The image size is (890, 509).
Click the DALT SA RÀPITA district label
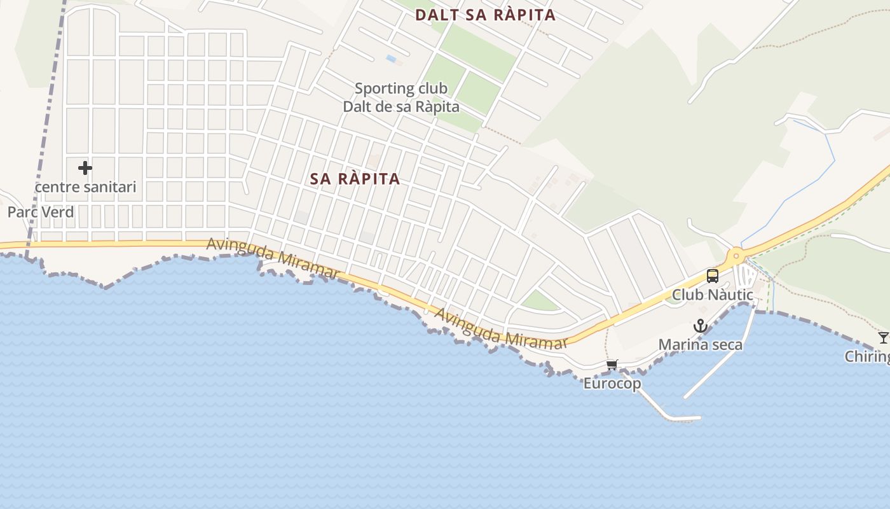[x=485, y=15]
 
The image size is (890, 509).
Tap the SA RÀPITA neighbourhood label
[x=355, y=179]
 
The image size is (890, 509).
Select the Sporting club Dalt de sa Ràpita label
[x=401, y=97]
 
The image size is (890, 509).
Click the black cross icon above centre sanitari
[x=85, y=168]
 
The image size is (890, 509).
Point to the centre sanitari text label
[x=85, y=187]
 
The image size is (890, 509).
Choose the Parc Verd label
[x=41, y=212]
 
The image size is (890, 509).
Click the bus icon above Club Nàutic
[x=712, y=276]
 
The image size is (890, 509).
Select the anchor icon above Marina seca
[x=700, y=326]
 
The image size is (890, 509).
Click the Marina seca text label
[x=700, y=345]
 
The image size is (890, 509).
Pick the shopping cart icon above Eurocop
[x=612, y=365]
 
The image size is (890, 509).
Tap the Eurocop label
[x=612, y=384]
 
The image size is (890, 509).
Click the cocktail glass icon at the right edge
[x=883, y=337]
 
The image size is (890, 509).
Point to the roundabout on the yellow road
[x=736, y=256]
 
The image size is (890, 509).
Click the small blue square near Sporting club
[x=391, y=59]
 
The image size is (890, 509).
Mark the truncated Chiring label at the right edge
[x=867, y=356]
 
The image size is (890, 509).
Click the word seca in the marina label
[x=725, y=345]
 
